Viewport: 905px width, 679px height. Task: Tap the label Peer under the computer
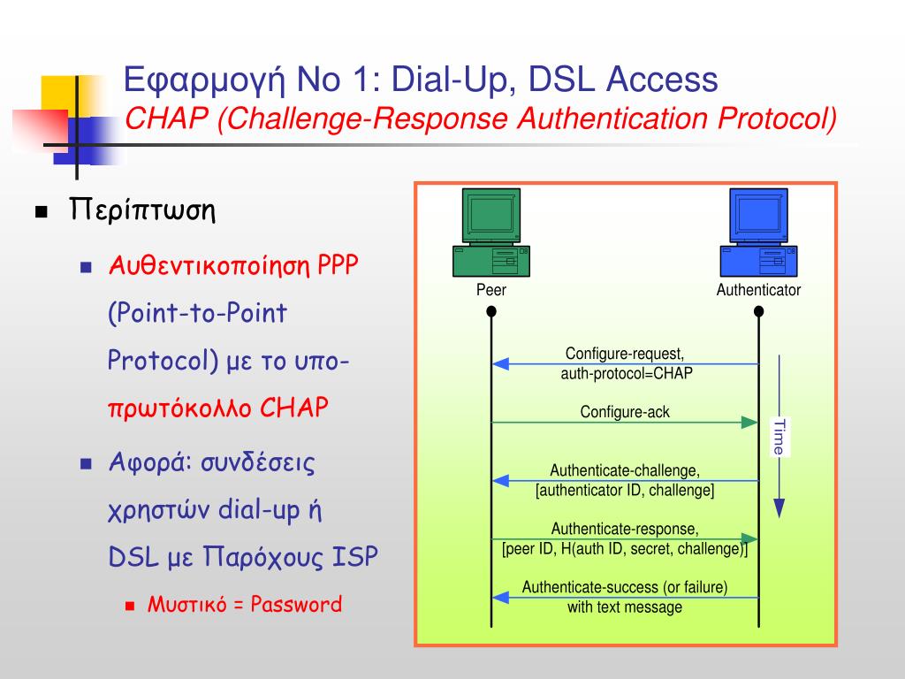click(x=491, y=290)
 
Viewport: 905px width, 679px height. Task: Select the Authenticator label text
click(x=758, y=290)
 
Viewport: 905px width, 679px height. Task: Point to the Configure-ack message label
click(x=625, y=412)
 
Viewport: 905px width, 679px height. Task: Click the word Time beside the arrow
click(x=778, y=437)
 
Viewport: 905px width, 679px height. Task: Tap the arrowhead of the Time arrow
click(x=779, y=507)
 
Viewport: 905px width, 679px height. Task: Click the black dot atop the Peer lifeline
click(x=491, y=311)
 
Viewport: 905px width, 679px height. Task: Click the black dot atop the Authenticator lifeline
click(x=758, y=311)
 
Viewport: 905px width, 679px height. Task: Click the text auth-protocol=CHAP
click(x=627, y=373)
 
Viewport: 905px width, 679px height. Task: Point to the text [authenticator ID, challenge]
click(x=625, y=490)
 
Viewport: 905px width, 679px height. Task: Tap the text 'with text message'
click(x=625, y=607)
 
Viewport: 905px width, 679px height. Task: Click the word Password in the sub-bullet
click(x=296, y=605)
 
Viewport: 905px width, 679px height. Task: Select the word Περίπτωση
click(x=143, y=212)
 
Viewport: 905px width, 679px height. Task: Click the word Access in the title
click(x=662, y=80)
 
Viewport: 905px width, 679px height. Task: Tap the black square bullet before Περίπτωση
click(x=41, y=213)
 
